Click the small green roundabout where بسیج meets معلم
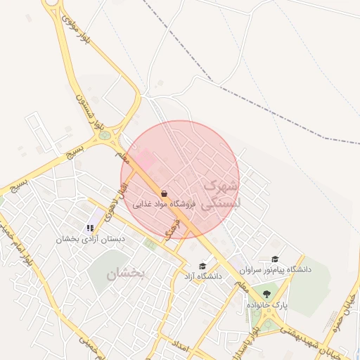[x=105, y=134]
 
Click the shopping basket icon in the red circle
[x=164, y=193]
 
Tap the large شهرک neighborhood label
[x=220, y=187]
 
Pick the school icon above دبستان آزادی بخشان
[x=90, y=228]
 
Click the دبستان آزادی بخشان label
[x=92, y=239]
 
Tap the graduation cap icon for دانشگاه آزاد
[x=202, y=266]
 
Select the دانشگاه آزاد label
[x=202, y=276]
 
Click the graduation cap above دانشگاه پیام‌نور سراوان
[x=275, y=259]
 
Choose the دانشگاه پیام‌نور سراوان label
[x=275, y=269]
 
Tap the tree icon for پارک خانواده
[x=266, y=294]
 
